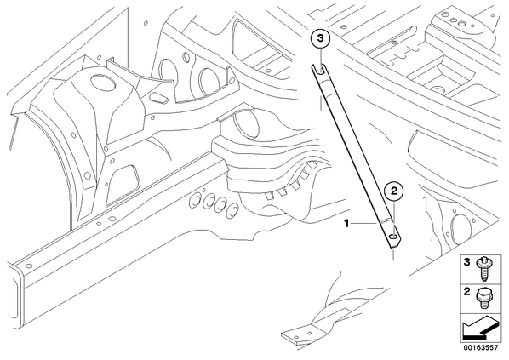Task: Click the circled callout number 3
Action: pos(320,38)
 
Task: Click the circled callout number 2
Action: pos(394,191)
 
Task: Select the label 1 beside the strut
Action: pos(346,223)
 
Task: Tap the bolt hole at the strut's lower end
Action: pos(393,236)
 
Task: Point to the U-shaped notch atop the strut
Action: pos(320,69)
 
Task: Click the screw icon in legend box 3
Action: pos(483,269)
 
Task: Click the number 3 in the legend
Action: pos(466,262)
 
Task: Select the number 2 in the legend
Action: pos(466,292)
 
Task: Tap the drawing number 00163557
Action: pos(481,348)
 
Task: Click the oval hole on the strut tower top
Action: pos(103,82)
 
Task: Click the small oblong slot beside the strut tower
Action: pos(157,98)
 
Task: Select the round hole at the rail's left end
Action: pos(29,266)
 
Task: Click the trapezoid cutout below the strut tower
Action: pos(123,186)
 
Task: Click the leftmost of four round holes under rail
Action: pos(196,201)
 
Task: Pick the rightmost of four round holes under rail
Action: pos(232,212)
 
